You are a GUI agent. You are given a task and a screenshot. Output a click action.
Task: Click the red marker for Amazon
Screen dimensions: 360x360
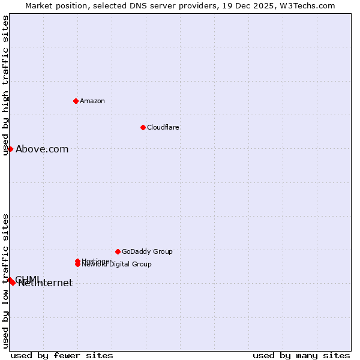(x=76, y=101)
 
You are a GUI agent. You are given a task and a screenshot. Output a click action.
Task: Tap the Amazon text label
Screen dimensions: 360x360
(x=92, y=101)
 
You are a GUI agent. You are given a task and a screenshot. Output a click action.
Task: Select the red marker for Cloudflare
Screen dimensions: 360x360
(x=143, y=127)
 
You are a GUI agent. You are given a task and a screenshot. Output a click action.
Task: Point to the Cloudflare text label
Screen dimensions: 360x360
(x=163, y=127)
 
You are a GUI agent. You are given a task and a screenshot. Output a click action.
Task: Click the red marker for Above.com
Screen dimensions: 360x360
(x=10, y=149)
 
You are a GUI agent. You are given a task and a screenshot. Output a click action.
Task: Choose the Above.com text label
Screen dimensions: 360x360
(x=42, y=149)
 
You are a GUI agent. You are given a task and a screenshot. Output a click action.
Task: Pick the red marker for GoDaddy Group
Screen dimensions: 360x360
(x=118, y=251)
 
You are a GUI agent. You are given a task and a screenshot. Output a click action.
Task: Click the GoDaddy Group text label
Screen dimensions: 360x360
(x=147, y=251)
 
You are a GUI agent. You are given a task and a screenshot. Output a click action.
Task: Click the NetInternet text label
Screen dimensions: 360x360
(x=46, y=283)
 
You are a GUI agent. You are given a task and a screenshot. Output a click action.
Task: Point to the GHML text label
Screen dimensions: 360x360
(x=28, y=279)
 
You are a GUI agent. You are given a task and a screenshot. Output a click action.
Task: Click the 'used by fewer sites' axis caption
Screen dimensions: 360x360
(x=62, y=355)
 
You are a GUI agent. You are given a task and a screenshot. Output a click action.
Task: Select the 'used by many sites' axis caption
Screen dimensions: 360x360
(x=301, y=355)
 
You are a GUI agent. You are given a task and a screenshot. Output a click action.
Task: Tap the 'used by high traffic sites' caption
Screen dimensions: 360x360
(x=5, y=85)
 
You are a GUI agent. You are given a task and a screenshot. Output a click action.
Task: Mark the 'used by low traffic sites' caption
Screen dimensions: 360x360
(x=5, y=281)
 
